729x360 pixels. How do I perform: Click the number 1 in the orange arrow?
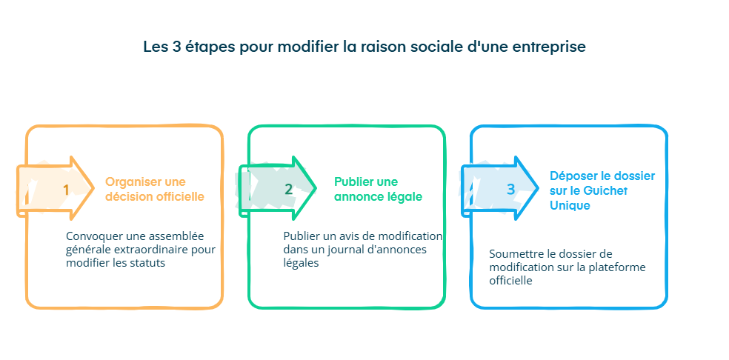coord(66,190)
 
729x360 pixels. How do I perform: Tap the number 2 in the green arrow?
coord(289,189)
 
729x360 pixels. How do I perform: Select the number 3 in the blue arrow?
coord(510,190)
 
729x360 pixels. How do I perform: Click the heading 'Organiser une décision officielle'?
coord(155,190)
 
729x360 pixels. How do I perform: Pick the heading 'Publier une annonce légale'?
coord(378,190)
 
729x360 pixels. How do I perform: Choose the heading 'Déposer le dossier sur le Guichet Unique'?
coord(602,190)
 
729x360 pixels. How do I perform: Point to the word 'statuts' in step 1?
coord(147,263)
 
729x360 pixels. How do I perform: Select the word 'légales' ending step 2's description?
coord(301,264)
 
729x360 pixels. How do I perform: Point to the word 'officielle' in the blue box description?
coord(510,281)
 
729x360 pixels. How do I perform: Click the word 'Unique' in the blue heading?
coord(570,205)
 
